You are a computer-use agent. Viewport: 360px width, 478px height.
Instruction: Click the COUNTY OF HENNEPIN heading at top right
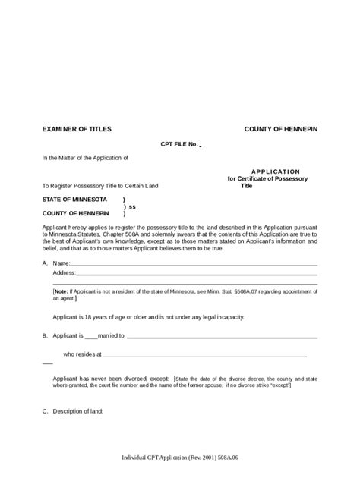(280, 130)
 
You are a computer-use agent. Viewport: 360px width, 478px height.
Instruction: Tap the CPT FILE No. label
(179, 144)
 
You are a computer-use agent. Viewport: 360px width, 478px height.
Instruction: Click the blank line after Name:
(194, 265)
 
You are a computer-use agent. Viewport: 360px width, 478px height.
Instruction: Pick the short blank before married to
(91, 335)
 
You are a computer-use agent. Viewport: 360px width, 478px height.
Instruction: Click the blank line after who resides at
(205, 354)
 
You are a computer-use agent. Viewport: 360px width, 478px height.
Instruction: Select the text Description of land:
(77, 412)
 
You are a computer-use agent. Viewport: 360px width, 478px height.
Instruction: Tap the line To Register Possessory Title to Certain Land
(101, 185)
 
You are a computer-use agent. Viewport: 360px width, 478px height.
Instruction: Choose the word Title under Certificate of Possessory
(246, 185)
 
